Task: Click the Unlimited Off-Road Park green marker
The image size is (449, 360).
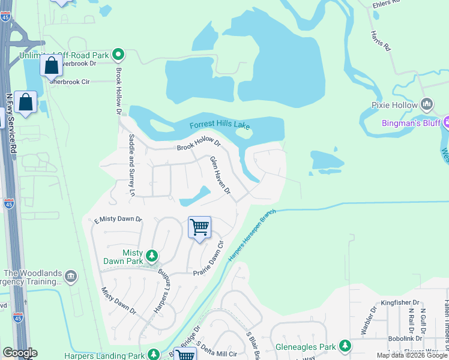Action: click(118, 55)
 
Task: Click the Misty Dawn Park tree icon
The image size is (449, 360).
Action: click(152, 257)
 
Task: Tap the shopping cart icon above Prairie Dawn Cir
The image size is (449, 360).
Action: click(199, 227)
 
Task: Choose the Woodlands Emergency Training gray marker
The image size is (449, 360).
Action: click(71, 277)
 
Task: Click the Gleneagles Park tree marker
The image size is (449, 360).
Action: click(345, 346)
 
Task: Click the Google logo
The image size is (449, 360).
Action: click(20, 353)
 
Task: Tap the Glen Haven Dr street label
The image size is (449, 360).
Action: click(220, 175)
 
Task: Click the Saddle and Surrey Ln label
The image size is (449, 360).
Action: click(131, 164)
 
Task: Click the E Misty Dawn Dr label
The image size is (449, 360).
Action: click(118, 220)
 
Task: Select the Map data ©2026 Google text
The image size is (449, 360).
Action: click(411, 355)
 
